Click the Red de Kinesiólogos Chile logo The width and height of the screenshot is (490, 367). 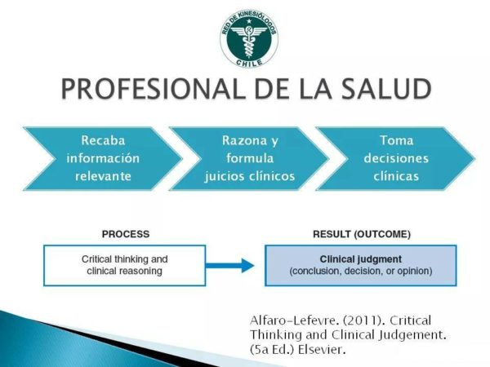pos(249,38)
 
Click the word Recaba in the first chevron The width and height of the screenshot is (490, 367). pos(103,140)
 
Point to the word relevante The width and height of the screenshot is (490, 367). pos(103,176)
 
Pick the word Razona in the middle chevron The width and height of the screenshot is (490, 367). pos(244,140)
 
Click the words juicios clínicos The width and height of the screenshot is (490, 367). pos(250,177)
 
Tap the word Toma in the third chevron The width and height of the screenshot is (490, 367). pos(396,140)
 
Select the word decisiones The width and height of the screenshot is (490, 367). pos(396,158)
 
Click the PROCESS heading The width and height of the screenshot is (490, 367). pos(126,234)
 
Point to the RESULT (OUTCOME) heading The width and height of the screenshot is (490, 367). pos(362,234)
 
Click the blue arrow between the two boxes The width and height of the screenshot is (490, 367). pos(229,266)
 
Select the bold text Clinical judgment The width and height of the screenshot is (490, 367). pos(361,259)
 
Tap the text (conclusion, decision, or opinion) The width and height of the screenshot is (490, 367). pos(361,271)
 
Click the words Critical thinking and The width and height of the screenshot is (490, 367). pos(124,259)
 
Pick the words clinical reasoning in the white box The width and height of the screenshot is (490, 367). pos(124,271)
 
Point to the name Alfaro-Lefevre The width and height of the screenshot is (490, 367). pos(294,321)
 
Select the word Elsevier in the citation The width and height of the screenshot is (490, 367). pos(322,349)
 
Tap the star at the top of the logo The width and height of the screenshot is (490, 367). pos(249,21)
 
